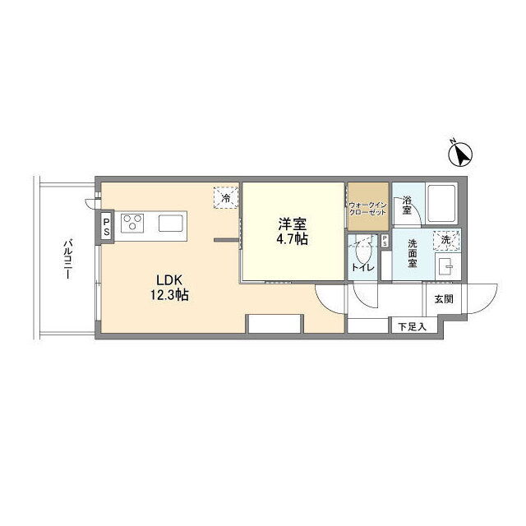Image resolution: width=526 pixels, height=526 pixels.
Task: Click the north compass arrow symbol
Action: tap(460, 154)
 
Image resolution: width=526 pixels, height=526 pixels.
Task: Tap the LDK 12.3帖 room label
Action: tap(169, 287)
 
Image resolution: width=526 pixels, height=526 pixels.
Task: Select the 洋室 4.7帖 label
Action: tap(293, 231)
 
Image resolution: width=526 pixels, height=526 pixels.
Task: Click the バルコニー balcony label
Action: tap(68, 259)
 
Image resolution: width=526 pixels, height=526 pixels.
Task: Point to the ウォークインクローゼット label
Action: tap(367, 209)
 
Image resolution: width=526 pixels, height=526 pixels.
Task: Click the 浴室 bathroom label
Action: tap(407, 205)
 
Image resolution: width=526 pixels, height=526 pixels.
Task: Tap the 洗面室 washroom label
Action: tap(413, 253)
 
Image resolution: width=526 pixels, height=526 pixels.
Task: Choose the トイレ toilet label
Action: tap(362, 268)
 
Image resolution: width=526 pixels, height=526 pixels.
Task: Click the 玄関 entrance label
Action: tap(444, 299)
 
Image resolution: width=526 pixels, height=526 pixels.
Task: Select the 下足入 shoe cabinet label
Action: tap(413, 327)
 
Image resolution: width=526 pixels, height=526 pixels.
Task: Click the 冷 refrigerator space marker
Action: tap(227, 198)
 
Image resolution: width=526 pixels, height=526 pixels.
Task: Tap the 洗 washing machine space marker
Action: tap(446, 240)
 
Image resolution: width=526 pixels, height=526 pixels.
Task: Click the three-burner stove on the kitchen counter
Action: tap(132, 223)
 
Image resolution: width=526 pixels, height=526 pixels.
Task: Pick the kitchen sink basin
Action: tap(171, 224)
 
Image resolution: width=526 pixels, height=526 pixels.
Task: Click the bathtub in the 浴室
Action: tap(441, 203)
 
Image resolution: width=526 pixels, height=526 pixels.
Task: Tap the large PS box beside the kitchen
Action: tap(107, 227)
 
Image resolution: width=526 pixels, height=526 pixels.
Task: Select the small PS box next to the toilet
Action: tap(385, 241)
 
